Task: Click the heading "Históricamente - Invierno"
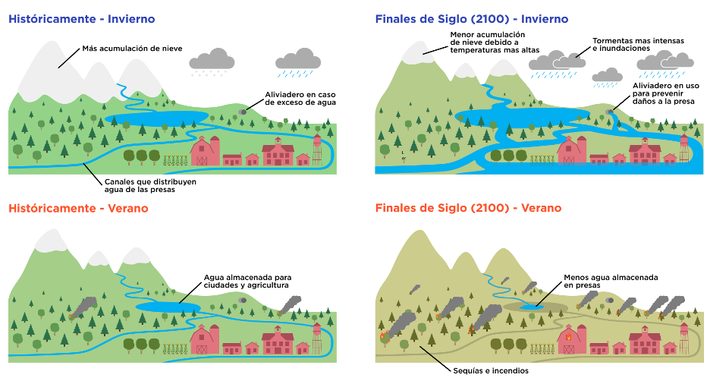pyautogui.click(x=81, y=19)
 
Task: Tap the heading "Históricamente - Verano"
pyautogui.click(x=78, y=209)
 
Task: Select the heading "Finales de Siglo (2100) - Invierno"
pyautogui.click(x=472, y=19)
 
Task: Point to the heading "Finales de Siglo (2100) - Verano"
pyautogui.click(x=468, y=208)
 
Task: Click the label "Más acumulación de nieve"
pyautogui.click(x=132, y=49)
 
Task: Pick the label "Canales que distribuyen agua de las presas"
pyautogui.click(x=150, y=186)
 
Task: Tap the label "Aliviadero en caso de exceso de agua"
pyautogui.click(x=300, y=99)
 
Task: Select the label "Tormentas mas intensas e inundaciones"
pyautogui.click(x=639, y=44)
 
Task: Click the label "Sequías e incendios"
pyautogui.click(x=491, y=370)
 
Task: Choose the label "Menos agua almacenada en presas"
pyautogui.click(x=611, y=281)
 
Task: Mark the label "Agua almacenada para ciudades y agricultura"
pyautogui.click(x=248, y=281)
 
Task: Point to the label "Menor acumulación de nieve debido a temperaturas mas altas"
pyautogui.click(x=495, y=43)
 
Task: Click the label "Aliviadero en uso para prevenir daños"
pyautogui.click(x=666, y=93)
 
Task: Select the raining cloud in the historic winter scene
pyautogui.click(x=298, y=62)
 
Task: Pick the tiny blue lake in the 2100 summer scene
pyautogui.click(x=531, y=307)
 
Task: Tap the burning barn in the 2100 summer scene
pyautogui.click(x=571, y=339)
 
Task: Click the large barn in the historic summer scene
pyautogui.click(x=205, y=339)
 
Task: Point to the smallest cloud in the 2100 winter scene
pyautogui.click(x=607, y=77)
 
